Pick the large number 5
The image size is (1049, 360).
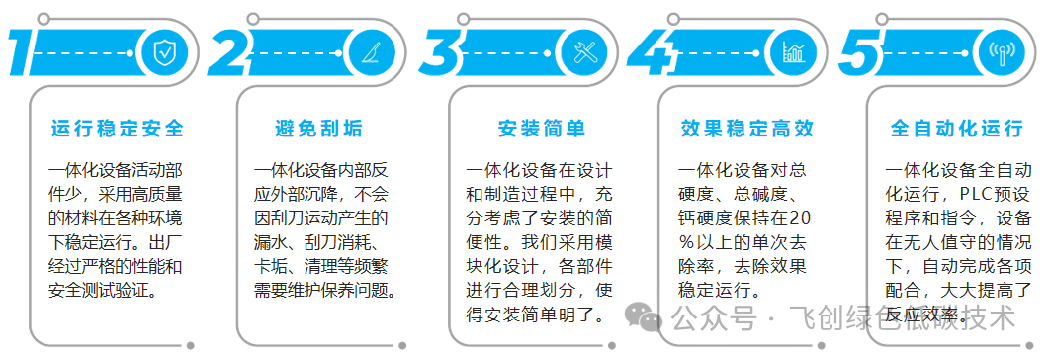point(859,52)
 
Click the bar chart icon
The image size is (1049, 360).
point(793,51)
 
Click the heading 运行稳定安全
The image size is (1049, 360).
point(118,129)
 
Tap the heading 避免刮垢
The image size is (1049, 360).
point(318,129)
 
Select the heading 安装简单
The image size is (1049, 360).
point(542,129)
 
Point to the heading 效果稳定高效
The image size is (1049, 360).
point(747,129)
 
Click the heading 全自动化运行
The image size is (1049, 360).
point(956,129)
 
